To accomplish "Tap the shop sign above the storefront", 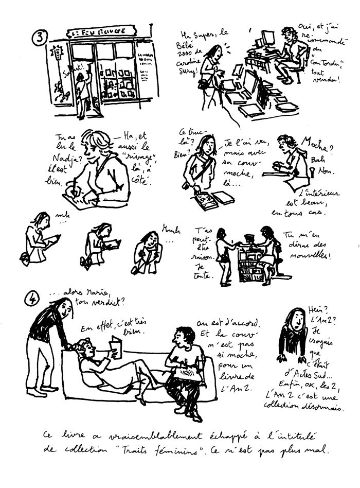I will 103,32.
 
